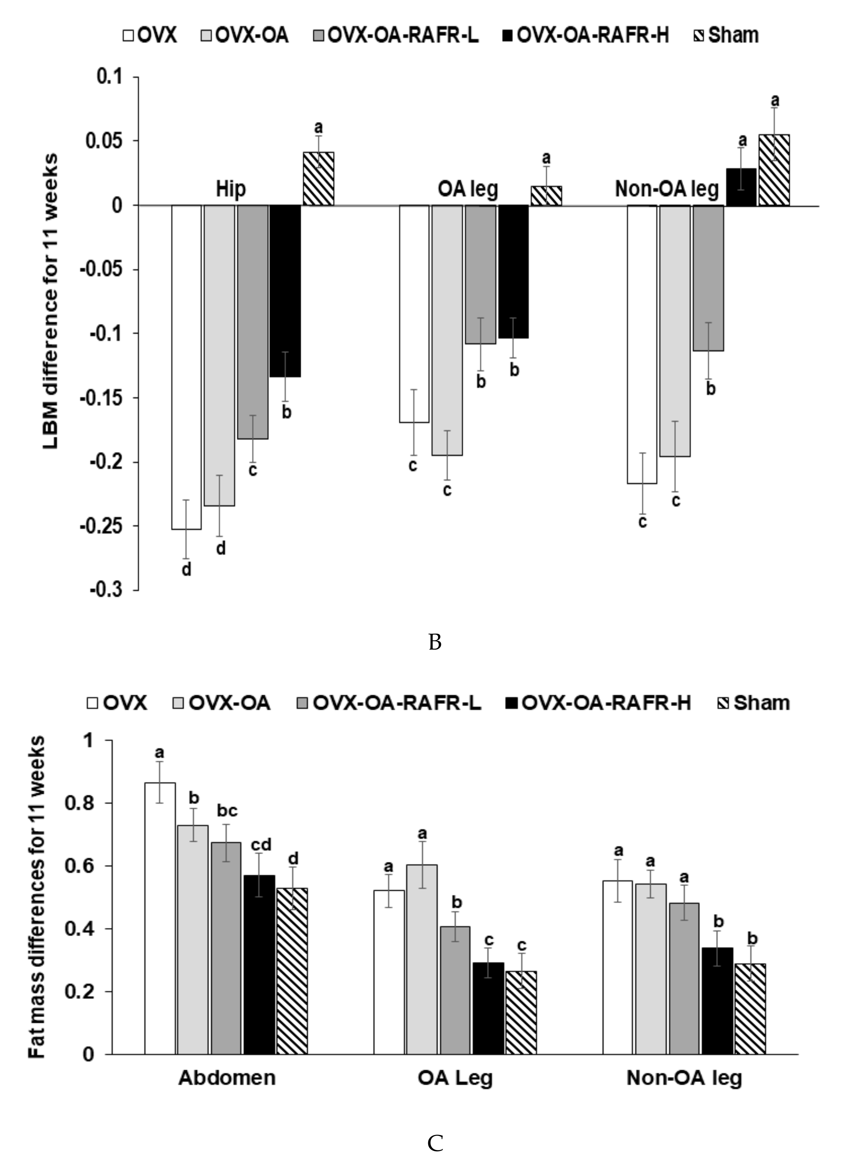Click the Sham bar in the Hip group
click(318, 179)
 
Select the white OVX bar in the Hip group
click(186, 367)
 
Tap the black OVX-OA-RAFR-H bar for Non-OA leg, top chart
click(741, 187)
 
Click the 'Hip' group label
click(231, 189)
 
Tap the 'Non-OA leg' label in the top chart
click(666, 189)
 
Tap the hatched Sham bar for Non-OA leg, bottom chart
click(750, 1008)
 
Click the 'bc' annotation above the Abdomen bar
click(227, 811)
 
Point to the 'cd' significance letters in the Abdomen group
click(260, 845)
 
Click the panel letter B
click(435, 642)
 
